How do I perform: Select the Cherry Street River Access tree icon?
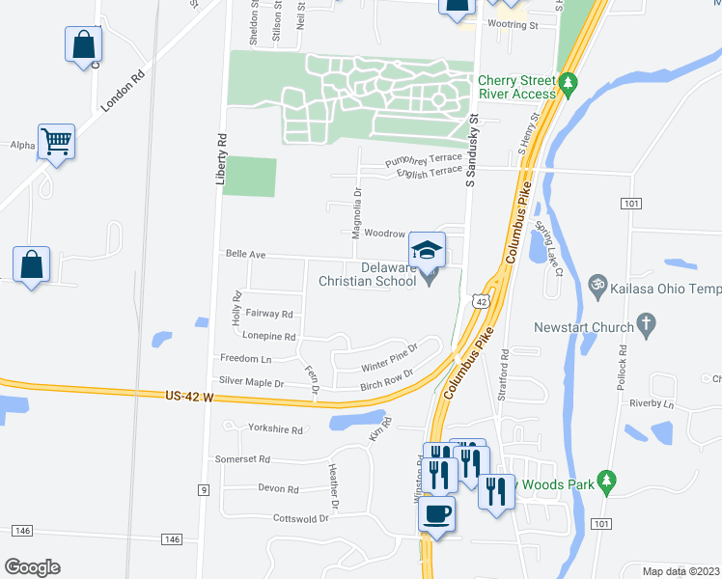tap(569, 83)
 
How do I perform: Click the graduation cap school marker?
tap(427, 251)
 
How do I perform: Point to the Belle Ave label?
tap(245, 254)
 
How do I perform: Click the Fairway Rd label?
tap(269, 314)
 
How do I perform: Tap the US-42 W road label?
tap(189, 396)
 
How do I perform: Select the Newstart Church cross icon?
tap(646, 323)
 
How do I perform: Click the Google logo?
tap(32, 567)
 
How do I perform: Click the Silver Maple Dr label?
tap(251, 382)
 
